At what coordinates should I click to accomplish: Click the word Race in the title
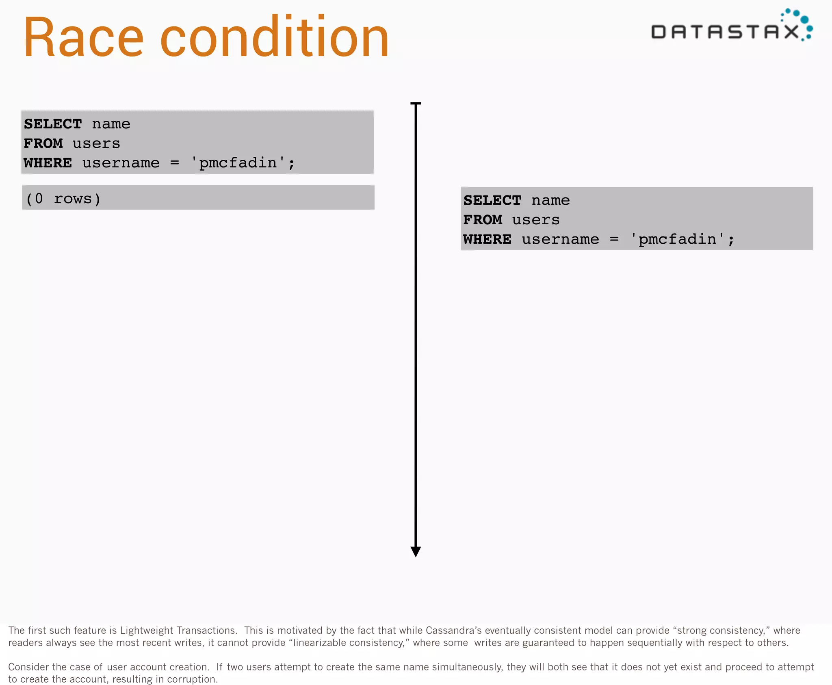[x=84, y=38]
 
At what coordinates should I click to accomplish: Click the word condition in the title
[x=275, y=38]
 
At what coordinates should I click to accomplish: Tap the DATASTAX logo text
[x=725, y=32]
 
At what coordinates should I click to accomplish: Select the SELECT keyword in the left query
[x=53, y=124]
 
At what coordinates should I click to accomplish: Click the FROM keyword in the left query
[x=43, y=143]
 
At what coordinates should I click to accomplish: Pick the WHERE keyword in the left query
[x=48, y=163]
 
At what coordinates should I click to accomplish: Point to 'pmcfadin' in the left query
[x=238, y=163]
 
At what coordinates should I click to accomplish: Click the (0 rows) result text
[x=63, y=199]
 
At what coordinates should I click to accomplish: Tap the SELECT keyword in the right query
[x=492, y=200]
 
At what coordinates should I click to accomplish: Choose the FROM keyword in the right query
[x=483, y=220]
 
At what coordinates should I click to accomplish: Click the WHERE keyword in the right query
[x=487, y=239]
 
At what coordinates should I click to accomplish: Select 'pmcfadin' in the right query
[x=678, y=239]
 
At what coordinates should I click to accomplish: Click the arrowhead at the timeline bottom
[x=416, y=551]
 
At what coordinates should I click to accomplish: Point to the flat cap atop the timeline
[x=416, y=104]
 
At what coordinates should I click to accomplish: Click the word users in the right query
[x=535, y=220]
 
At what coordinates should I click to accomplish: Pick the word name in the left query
[x=111, y=124]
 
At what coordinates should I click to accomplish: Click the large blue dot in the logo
[x=804, y=20]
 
